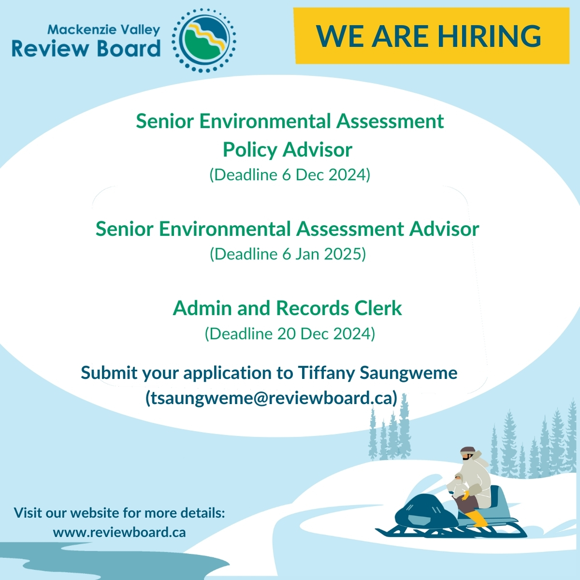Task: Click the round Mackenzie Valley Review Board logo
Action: [x=204, y=41]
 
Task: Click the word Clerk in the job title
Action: [x=378, y=308]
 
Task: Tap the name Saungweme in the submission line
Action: [x=408, y=374]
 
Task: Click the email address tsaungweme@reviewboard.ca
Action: [x=272, y=398]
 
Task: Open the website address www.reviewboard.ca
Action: [x=119, y=532]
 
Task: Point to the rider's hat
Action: [x=468, y=450]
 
